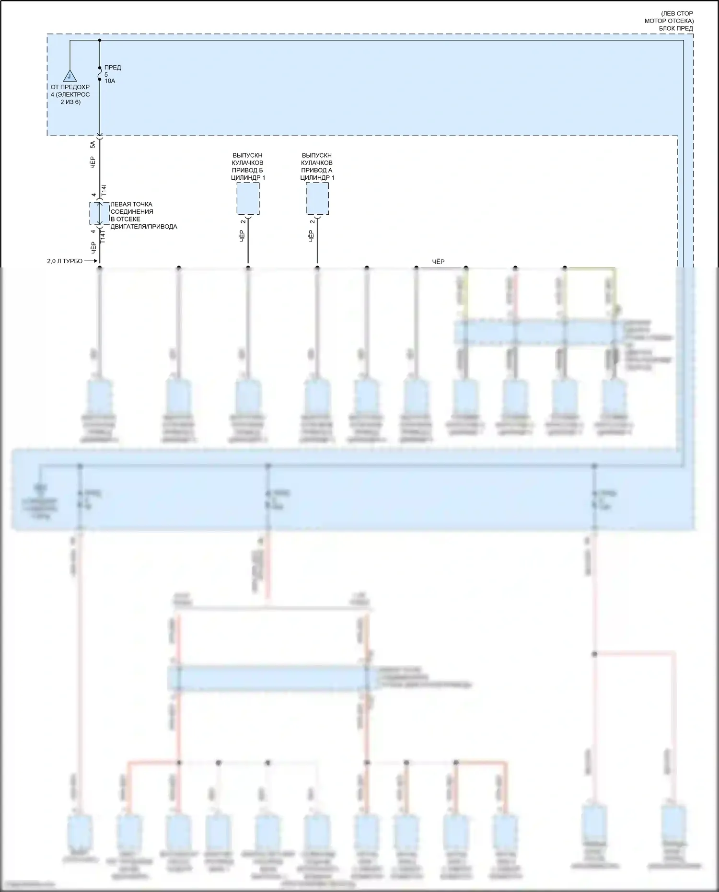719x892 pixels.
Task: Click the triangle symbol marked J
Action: click(x=70, y=76)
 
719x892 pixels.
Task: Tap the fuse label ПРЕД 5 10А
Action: click(x=112, y=74)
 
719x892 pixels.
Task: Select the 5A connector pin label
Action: click(x=93, y=144)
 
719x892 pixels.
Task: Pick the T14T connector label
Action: click(x=103, y=235)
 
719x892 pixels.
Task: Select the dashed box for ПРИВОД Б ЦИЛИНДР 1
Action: click(x=248, y=198)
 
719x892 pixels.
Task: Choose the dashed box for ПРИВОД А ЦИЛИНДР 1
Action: click(x=317, y=198)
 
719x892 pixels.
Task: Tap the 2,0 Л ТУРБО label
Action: click(x=65, y=261)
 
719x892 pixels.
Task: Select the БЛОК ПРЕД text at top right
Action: click(x=676, y=28)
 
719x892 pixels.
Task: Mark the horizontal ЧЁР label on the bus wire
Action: click(x=438, y=262)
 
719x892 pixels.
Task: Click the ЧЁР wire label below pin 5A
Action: click(x=93, y=162)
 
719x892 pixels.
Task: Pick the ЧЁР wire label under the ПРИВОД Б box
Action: click(x=242, y=235)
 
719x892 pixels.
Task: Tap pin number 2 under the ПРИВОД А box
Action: click(x=312, y=221)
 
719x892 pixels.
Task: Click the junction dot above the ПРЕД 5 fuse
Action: click(x=100, y=40)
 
